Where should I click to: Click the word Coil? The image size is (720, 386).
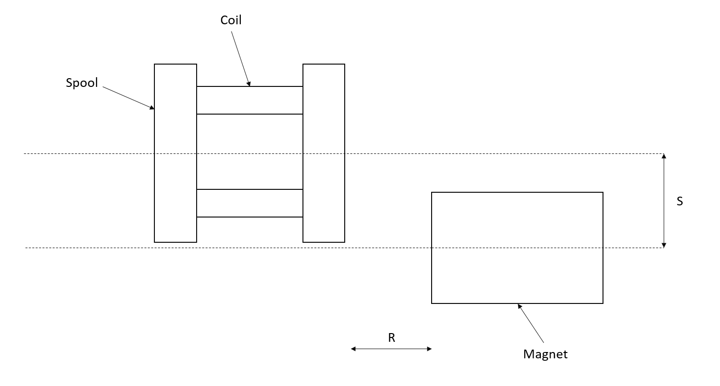231,20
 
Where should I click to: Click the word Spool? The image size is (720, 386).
82,83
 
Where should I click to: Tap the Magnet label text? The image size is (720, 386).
545,354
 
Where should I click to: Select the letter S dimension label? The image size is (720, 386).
680,201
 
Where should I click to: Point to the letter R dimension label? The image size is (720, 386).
391,337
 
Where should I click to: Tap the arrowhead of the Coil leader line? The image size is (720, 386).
249,84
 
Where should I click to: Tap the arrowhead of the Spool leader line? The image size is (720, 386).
152,108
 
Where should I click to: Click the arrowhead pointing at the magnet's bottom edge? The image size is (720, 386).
519,306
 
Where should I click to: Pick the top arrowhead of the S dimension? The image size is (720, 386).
664,156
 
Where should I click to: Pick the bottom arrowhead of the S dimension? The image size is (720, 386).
664,246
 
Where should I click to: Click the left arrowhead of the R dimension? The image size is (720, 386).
353,349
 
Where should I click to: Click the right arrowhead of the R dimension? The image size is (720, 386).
430,349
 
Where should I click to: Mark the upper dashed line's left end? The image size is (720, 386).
24,153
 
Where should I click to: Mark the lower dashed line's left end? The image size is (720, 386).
26,248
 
